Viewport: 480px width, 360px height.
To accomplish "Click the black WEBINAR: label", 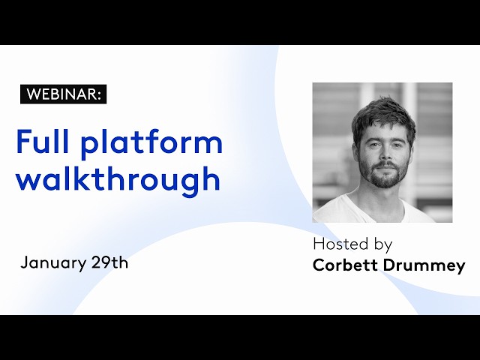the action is coord(63,94).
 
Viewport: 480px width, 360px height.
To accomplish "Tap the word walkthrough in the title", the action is coord(118,179).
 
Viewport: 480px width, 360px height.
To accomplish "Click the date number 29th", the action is coord(109,262).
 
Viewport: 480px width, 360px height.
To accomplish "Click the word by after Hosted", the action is coord(383,245).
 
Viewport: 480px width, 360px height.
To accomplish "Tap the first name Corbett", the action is coord(345,265).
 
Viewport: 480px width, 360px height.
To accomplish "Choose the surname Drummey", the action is coord(424,266).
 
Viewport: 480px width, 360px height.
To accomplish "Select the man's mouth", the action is coord(386,166).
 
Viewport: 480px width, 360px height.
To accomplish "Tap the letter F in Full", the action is coord(24,141).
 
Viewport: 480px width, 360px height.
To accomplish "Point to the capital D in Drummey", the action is coord(390,265).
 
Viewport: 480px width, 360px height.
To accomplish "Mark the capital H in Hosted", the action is coord(319,244).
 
